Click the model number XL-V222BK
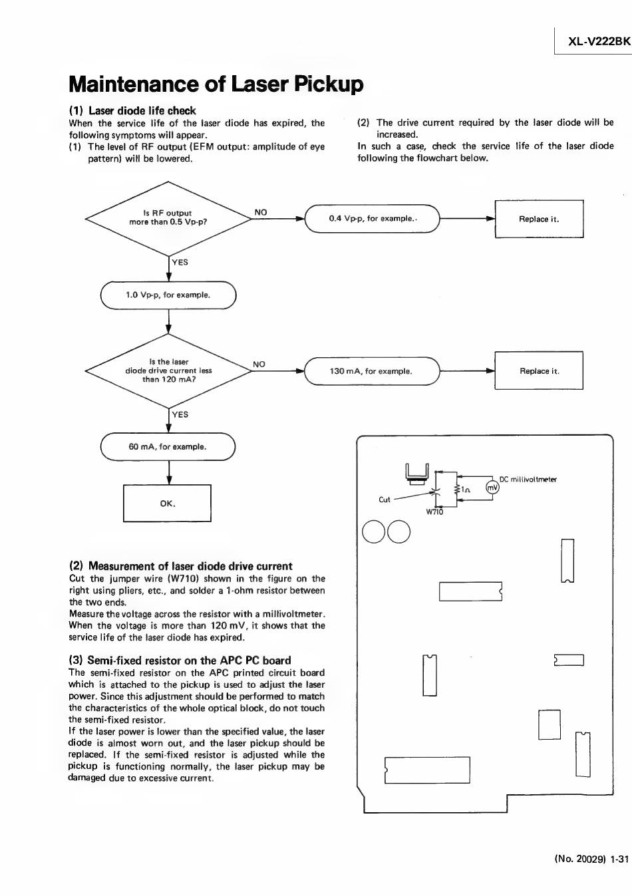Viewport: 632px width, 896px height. pyautogui.click(x=598, y=41)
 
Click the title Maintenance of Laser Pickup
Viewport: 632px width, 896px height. pyautogui.click(x=216, y=84)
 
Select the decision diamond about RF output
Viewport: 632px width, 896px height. pyautogui.click(x=168, y=218)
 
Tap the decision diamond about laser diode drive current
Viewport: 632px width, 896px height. pyautogui.click(x=168, y=371)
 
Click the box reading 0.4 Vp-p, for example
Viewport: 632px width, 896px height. pyautogui.click(x=372, y=219)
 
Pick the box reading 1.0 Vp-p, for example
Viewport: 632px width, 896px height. pyautogui.click(x=168, y=295)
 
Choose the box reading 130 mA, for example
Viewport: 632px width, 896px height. pyautogui.click(x=372, y=371)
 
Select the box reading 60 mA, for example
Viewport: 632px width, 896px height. pyautogui.click(x=168, y=447)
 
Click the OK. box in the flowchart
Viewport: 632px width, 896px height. pyautogui.click(x=167, y=504)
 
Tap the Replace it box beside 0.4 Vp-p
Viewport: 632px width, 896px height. pyautogui.click(x=539, y=219)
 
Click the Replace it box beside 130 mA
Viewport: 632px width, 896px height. pyautogui.click(x=539, y=371)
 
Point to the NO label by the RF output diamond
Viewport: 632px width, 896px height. pyautogui.click(x=261, y=213)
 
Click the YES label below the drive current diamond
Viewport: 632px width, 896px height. pyautogui.click(x=180, y=414)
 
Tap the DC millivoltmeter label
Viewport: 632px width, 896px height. pyautogui.click(x=528, y=480)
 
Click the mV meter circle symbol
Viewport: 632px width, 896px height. pyautogui.click(x=492, y=488)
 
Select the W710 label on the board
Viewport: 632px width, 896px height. pyautogui.click(x=434, y=512)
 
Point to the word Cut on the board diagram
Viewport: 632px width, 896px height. pyautogui.click(x=385, y=500)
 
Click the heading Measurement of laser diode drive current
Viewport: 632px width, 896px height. pyautogui.click(x=181, y=566)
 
